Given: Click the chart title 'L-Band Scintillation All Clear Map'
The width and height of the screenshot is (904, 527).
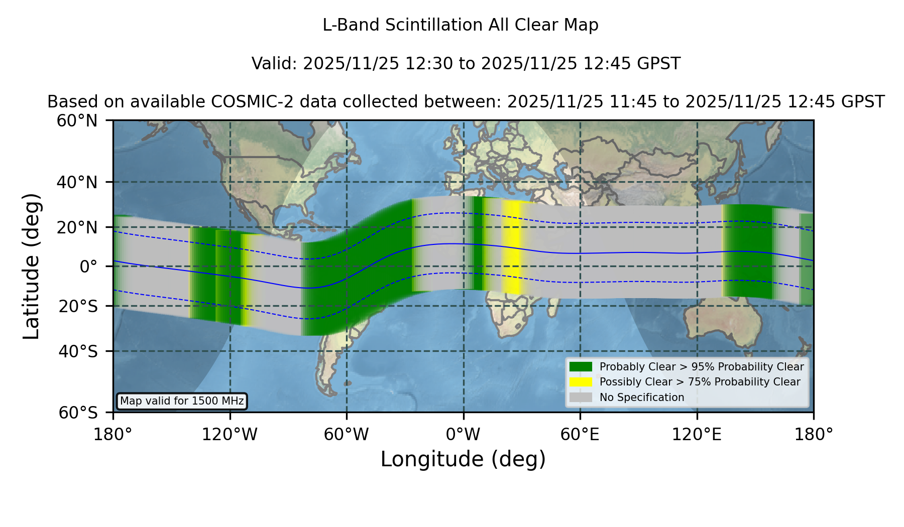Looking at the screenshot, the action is click(460, 25).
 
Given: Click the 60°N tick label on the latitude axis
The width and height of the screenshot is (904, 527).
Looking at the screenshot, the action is click(77, 121).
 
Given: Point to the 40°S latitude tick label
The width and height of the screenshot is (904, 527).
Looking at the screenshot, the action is click(78, 351).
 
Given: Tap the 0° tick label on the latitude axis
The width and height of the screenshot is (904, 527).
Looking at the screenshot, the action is click(88, 267).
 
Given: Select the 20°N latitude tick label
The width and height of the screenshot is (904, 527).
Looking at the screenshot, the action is click(77, 227).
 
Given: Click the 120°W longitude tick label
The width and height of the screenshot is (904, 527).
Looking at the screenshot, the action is click(230, 435).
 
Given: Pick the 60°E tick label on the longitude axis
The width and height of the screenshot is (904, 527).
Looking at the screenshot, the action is click(580, 435).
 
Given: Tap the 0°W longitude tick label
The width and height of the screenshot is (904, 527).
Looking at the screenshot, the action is click(463, 435).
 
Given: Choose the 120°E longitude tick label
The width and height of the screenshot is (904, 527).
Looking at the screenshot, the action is click(697, 435).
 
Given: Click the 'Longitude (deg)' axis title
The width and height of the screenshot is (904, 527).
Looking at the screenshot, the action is click(463, 459).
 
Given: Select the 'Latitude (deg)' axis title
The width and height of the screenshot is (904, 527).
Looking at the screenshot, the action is click(31, 266).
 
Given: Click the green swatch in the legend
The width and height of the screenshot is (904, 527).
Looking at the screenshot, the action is click(581, 366).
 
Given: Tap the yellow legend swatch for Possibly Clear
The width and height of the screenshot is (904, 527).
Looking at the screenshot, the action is click(581, 382).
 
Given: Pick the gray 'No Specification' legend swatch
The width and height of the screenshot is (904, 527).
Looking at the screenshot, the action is click(581, 398).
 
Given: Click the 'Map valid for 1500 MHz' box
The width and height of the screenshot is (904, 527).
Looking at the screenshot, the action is click(182, 401).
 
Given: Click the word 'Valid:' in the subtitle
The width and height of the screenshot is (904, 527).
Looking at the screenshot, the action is click(275, 64).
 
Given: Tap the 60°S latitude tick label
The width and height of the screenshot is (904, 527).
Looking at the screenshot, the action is click(78, 413).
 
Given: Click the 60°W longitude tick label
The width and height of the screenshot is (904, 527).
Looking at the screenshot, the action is click(347, 435).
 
